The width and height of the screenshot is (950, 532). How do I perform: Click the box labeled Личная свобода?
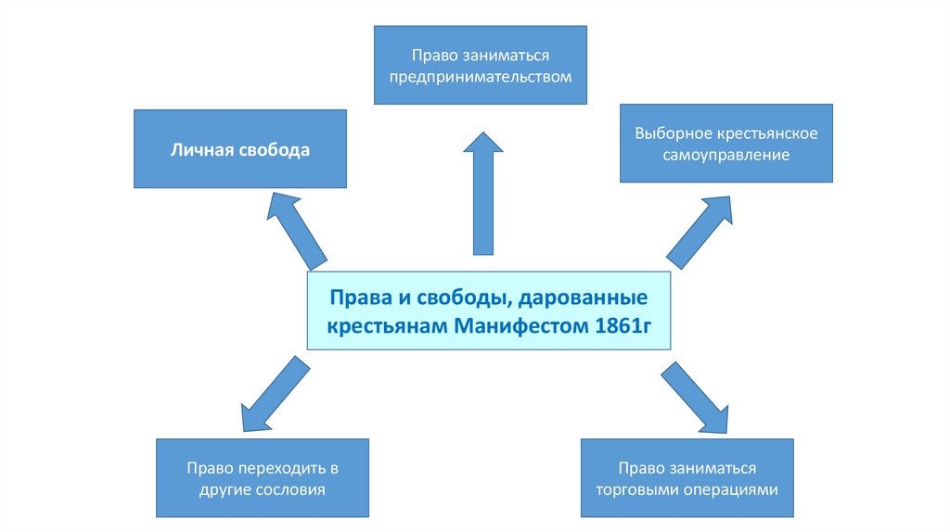[239, 149]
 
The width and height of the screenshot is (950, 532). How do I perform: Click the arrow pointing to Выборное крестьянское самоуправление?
[700, 231]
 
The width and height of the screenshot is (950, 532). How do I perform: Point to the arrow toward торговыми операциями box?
[694, 397]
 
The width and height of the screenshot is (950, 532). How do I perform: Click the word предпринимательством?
[480, 76]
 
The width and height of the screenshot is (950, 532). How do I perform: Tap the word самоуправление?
[726, 156]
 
